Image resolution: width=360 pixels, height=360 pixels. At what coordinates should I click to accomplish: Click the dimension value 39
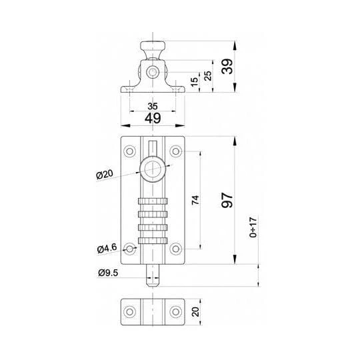227,67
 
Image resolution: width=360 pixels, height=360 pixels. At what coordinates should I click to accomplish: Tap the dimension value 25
208,76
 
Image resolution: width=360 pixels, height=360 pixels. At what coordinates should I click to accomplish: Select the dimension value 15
194,82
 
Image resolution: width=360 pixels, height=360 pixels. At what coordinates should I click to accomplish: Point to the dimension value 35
153,106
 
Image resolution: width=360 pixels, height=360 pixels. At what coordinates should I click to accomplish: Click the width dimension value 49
153,118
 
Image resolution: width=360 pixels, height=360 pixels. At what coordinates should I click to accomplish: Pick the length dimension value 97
227,200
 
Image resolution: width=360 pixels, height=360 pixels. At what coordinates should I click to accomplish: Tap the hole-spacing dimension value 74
195,200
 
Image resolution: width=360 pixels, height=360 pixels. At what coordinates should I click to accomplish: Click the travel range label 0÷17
253,227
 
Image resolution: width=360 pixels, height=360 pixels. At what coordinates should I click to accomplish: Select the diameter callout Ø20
105,174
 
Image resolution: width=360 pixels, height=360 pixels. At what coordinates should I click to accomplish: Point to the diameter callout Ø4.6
107,249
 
